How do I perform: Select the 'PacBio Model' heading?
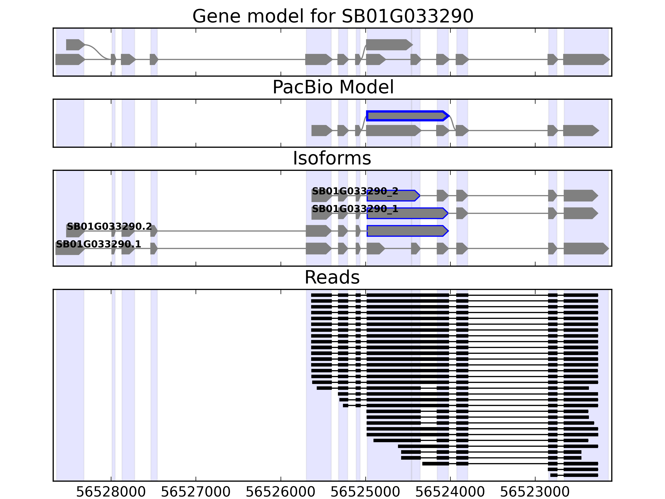[x=333, y=87]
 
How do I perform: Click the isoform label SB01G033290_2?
[x=355, y=191]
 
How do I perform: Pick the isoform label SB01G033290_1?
[x=355, y=209]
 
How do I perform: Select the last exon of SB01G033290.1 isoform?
[x=585, y=248]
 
